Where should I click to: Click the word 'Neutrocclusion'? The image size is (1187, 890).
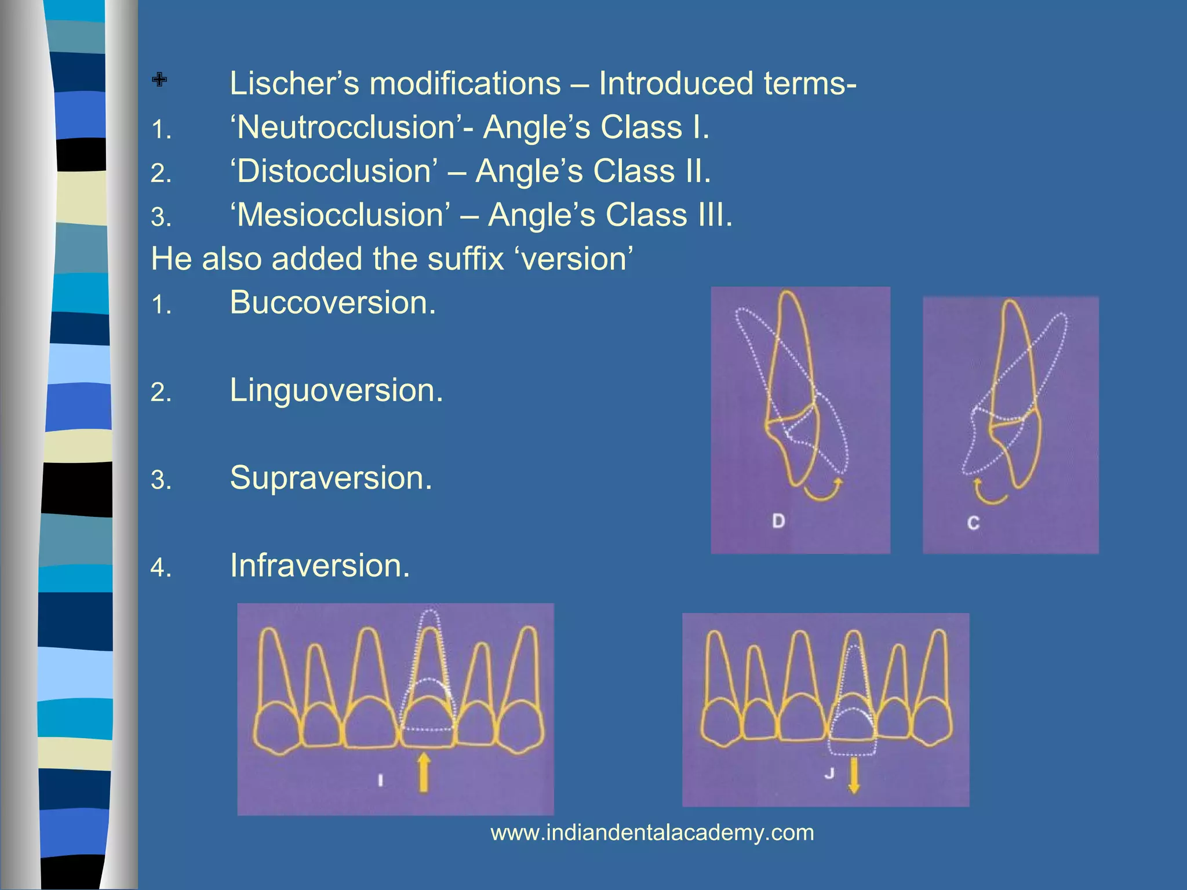coord(345,127)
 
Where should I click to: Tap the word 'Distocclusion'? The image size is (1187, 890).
coord(334,172)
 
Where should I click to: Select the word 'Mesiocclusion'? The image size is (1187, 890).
coord(340,216)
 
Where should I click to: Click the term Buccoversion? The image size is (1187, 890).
coord(332,302)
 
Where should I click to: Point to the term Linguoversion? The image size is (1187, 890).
coord(336,391)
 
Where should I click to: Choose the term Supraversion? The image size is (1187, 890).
coord(331,478)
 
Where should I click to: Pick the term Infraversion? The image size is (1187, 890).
coord(320,566)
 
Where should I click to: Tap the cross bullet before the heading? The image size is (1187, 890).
coord(159,79)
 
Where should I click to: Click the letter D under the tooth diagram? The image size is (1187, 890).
coord(778,521)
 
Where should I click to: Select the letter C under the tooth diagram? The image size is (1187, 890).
coord(973,523)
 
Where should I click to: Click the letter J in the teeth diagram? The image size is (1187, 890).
coord(829,773)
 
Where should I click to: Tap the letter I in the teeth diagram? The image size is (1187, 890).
coord(380,780)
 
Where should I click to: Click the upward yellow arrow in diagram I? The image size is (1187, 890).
coord(424,772)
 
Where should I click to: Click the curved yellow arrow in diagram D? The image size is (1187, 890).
coord(823,491)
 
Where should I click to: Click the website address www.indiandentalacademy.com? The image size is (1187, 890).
coord(652,833)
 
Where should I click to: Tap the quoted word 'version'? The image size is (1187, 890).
coord(574,259)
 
